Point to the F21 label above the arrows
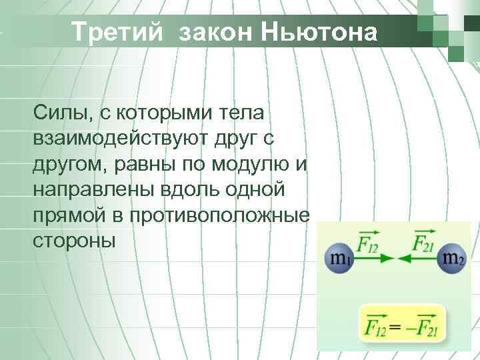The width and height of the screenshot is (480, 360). tap(422, 241)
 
